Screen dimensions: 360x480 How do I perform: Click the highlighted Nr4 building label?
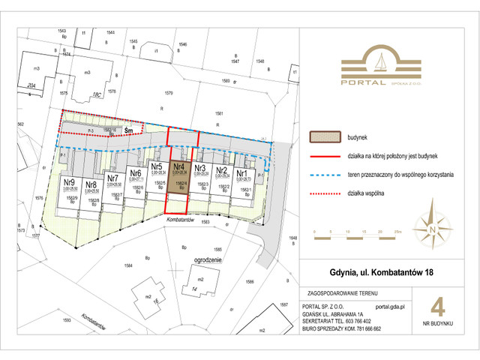[178, 168]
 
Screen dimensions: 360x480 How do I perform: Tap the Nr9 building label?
[68, 182]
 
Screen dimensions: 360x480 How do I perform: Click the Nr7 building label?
[113, 178]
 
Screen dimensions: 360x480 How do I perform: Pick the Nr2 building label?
[221, 170]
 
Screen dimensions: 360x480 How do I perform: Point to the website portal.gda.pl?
[389, 306]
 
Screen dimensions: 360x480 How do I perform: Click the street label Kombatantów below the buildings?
[180, 220]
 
